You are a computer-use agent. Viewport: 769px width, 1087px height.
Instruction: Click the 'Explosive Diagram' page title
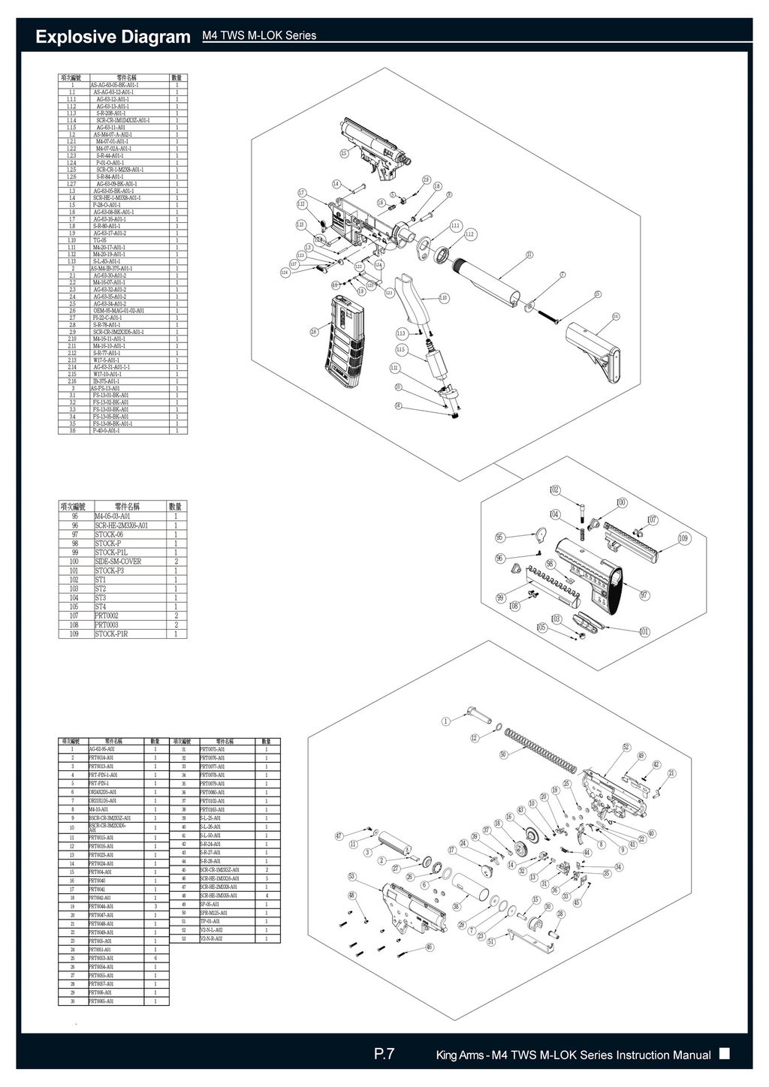113,37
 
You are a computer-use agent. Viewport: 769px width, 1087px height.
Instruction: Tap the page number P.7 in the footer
384,1055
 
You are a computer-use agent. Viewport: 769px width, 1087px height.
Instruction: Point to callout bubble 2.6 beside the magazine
314,332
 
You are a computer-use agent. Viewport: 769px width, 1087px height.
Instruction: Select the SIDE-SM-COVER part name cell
117,562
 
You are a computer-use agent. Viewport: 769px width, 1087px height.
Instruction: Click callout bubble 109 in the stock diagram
683,538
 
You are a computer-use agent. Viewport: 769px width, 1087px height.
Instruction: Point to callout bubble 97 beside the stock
644,595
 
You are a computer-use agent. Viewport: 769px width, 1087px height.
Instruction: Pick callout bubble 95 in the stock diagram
500,537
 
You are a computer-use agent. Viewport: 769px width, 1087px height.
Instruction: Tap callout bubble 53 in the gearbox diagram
351,876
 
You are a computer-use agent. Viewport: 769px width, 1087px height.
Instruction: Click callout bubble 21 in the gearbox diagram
672,773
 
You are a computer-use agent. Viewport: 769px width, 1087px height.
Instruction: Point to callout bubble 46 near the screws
430,947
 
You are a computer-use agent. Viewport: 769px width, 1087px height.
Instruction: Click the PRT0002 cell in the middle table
107,616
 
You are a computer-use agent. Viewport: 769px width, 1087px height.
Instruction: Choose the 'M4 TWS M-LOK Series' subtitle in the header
259,36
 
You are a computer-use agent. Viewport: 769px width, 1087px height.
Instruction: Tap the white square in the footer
724,1054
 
